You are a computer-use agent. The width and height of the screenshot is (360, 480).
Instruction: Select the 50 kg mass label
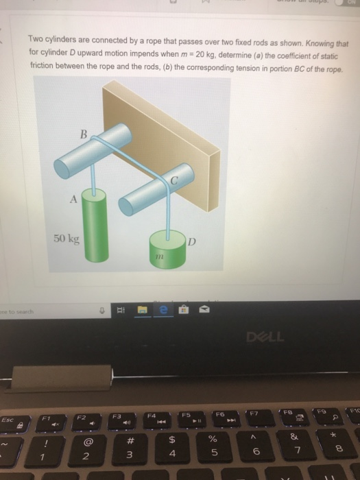click(x=66, y=239)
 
